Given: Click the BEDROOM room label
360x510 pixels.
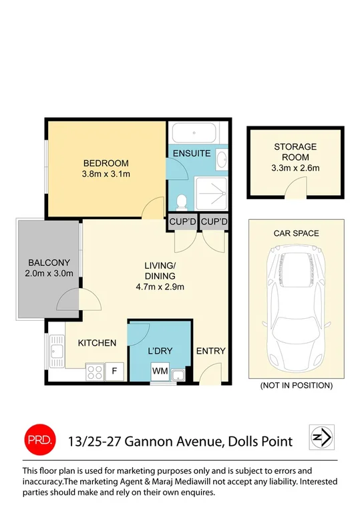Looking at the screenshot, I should click(x=106, y=163).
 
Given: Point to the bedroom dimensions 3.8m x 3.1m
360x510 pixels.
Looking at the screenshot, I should click(x=106, y=174).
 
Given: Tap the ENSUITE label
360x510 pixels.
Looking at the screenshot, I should click(x=192, y=153).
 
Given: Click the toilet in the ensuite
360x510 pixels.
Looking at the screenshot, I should click(x=181, y=199).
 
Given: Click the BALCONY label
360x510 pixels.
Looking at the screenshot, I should click(x=45, y=262).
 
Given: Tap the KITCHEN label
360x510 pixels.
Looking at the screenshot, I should click(x=97, y=343).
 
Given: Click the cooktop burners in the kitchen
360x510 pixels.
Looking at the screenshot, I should click(x=94, y=372).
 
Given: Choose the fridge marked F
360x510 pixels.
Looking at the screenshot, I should click(x=114, y=371).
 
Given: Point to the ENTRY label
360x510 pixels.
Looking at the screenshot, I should click(x=210, y=351).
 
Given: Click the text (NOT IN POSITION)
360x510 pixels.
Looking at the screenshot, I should click(x=296, y=386).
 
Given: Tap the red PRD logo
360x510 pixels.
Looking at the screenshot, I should click(x=37, y=439).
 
